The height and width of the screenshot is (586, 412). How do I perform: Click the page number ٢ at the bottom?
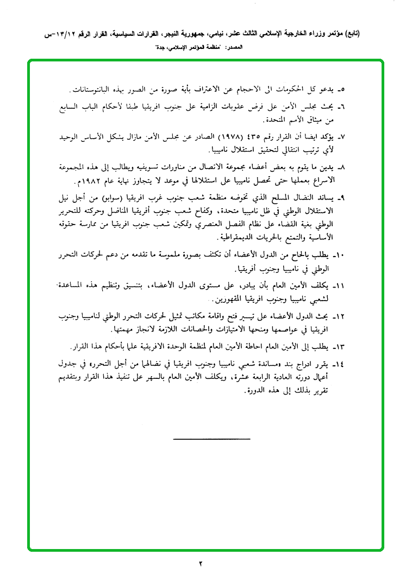click(x=200, y=563)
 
